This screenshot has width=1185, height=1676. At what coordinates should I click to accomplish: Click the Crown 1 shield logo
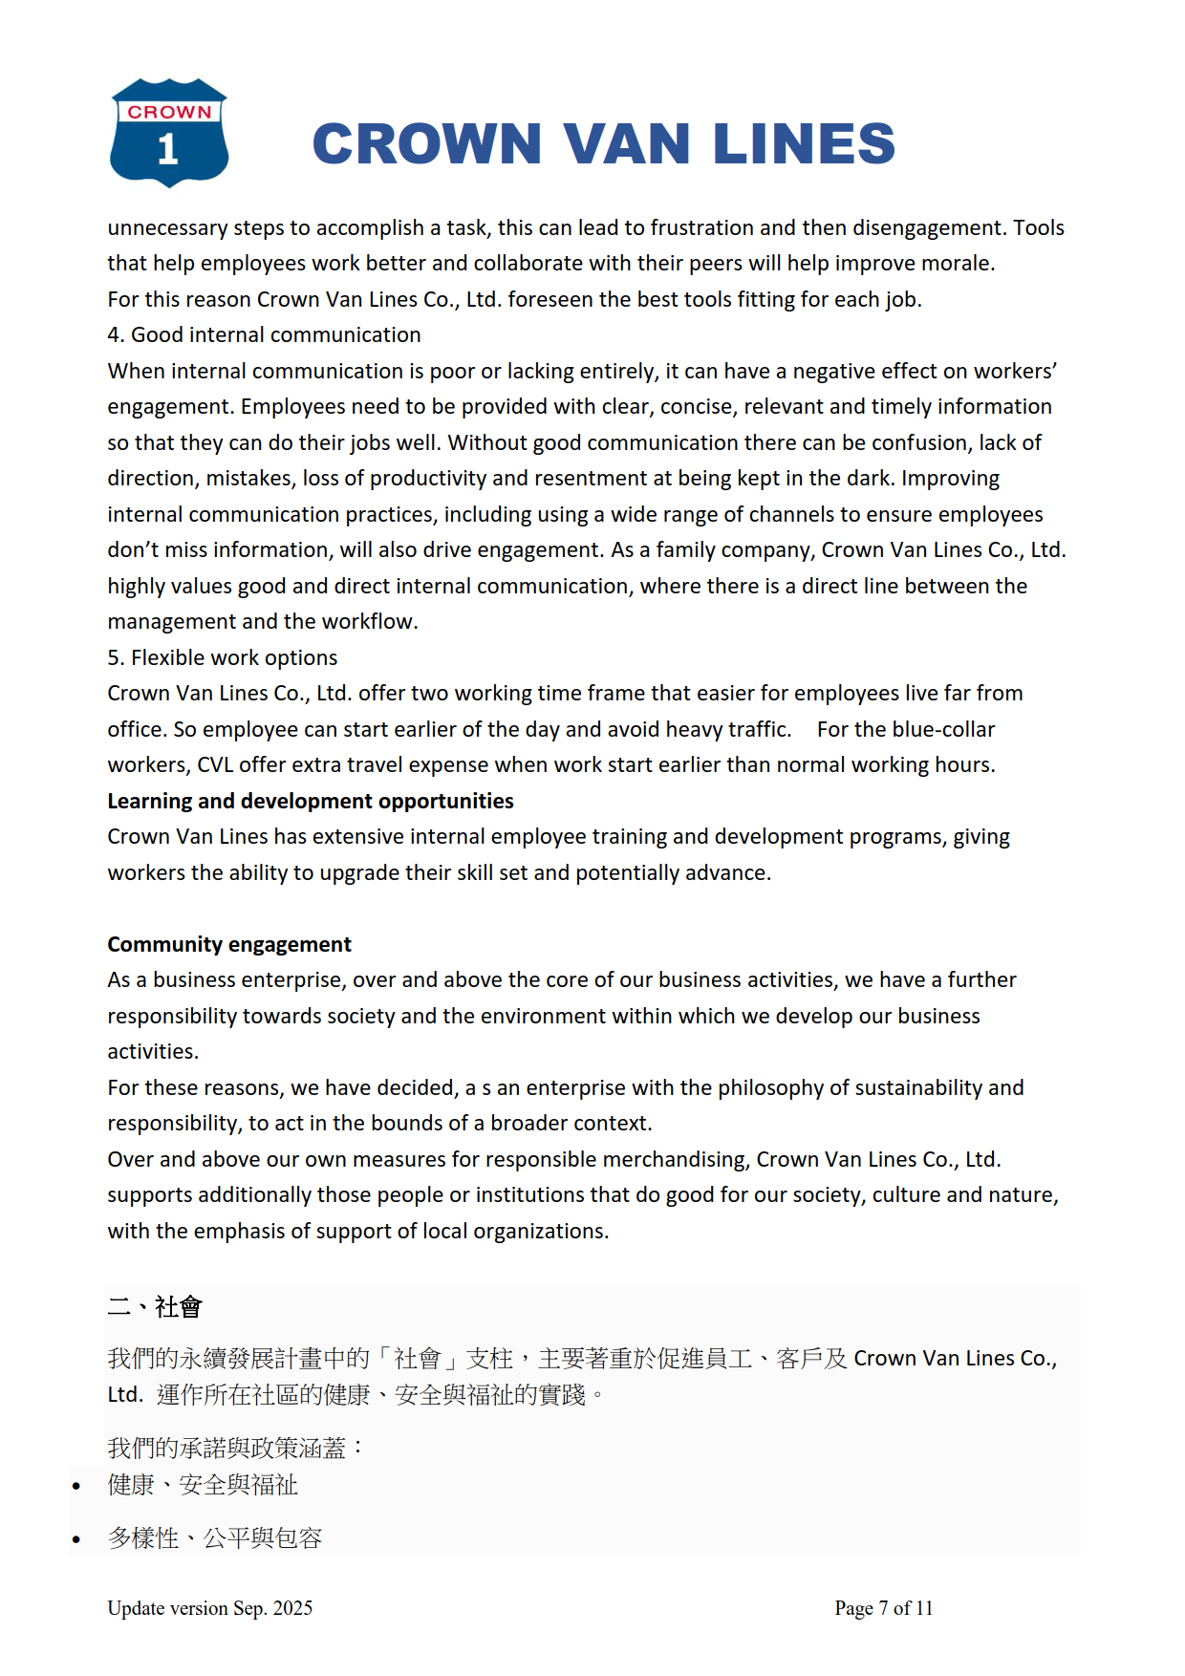(169, 132)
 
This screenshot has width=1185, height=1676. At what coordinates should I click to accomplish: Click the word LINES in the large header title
(804, 144)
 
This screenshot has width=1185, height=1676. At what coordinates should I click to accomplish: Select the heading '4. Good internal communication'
(264, 335)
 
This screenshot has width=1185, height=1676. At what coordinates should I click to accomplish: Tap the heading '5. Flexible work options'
(222, 658)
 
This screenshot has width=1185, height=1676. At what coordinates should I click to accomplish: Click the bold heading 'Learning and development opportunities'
(310, 802)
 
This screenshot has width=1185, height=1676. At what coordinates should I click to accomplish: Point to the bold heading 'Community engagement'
(228, 945)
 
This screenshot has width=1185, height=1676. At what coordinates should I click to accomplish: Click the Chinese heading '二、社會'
(154, 1306)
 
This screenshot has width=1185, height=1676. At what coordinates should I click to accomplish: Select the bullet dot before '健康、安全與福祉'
(76, 1486)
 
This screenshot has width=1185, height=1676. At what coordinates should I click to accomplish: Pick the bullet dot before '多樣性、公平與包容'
(76, 1539)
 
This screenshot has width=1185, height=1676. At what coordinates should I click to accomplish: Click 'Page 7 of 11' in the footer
(883, 1608)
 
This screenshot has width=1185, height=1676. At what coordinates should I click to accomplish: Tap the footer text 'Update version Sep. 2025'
(209, 1608)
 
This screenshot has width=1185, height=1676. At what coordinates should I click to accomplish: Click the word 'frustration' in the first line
(702, 228)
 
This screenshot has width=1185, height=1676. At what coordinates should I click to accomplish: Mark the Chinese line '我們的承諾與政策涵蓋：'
(235, 1449)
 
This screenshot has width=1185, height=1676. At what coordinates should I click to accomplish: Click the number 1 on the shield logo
(168, 149)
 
